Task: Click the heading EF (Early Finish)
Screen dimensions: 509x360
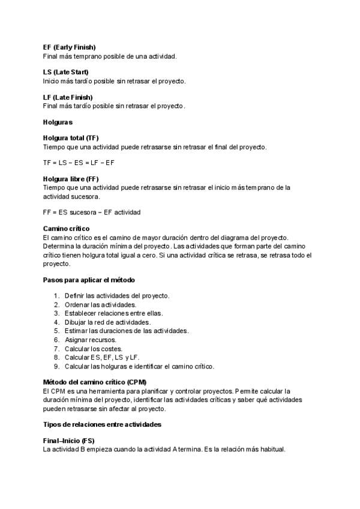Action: tap(69, 47)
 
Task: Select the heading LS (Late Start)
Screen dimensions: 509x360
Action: tap(65, 72)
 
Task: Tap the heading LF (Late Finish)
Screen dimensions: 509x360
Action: tap(68, 97)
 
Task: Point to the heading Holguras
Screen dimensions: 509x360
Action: tap(58, 122)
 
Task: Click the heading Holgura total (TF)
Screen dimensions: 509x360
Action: tap(71, 137)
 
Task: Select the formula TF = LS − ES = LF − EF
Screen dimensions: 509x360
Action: tap(79, 163)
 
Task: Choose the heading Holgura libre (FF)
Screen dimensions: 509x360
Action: tap(71, 179)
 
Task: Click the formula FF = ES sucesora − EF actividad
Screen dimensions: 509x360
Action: tap(92, 212)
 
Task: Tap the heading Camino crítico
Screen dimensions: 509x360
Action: tap(66, 229)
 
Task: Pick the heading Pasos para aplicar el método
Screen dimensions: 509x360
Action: tap(89, 280)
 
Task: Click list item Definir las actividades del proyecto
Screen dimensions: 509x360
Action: tap(117, 295)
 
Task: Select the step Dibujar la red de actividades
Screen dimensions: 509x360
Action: tap(107, 322)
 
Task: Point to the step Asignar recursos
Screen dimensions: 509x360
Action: tap(91, 340)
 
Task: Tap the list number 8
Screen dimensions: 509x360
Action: tap(56, 357)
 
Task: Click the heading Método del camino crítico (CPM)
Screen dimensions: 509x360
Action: tap(95, 382)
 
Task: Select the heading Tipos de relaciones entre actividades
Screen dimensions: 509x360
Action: tap(102, 424)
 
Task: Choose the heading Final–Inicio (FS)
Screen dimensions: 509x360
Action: tap(68, 441)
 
